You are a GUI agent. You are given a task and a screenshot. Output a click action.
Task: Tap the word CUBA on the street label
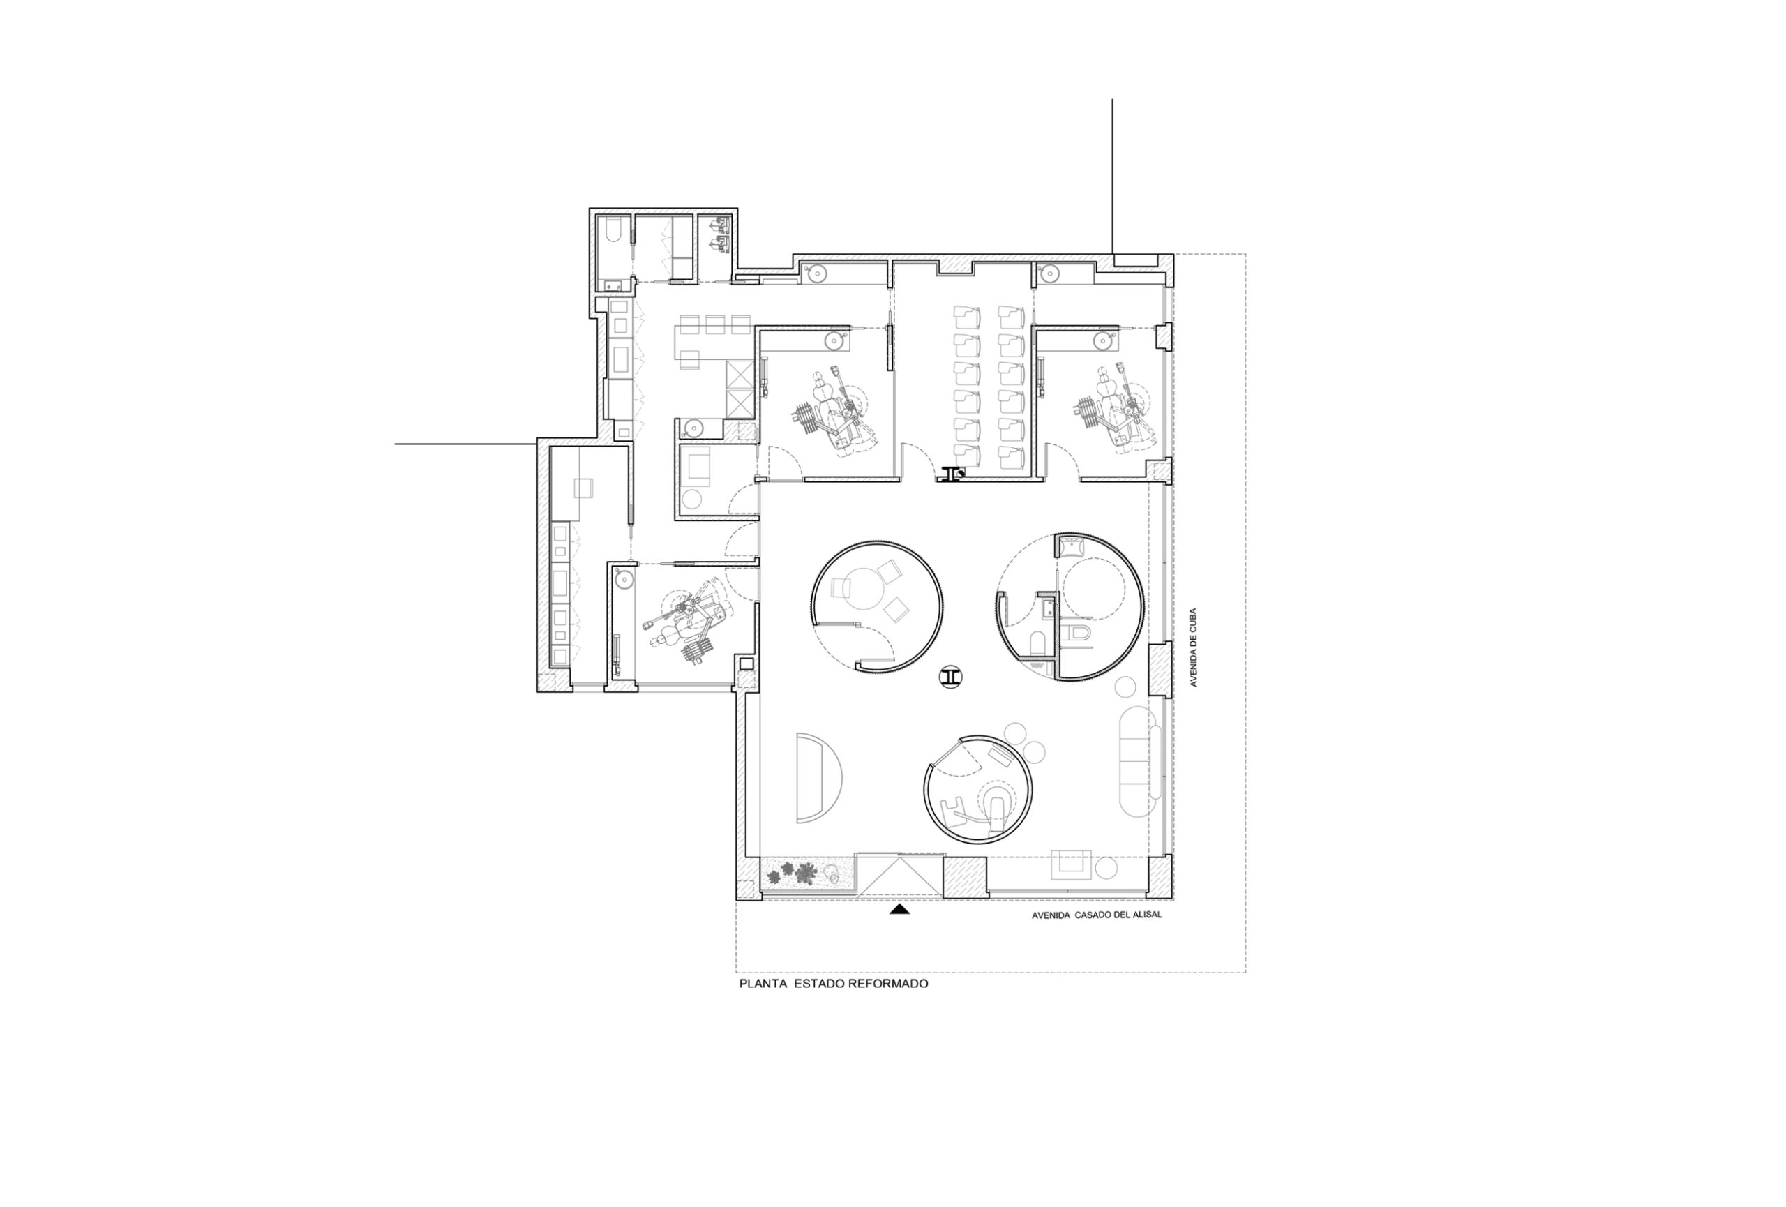coord(1194,620)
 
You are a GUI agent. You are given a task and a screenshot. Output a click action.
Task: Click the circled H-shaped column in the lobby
coord(952,677)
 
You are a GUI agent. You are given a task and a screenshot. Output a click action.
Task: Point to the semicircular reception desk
coord(818,777)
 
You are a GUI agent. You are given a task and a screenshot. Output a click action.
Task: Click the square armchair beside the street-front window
coord(1070,864)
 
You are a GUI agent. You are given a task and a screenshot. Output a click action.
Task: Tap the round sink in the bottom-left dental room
coord(624,579)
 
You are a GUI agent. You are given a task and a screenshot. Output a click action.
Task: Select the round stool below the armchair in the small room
coord(694,499)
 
